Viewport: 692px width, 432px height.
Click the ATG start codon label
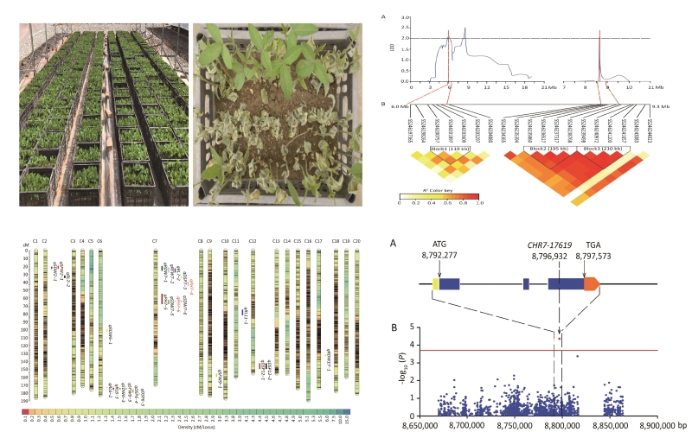[x=439, y=251]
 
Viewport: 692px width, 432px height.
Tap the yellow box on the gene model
[x=436, y=283]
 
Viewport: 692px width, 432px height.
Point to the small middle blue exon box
[x=526, y=283]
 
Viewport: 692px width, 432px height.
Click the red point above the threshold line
[x=561, y=338]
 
